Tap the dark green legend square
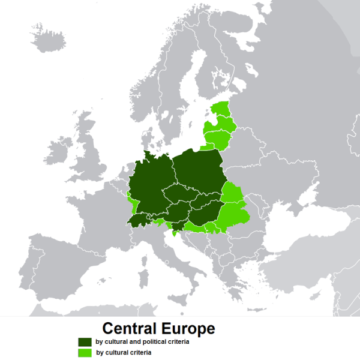click(83, 342)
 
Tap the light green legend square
click(83, 353)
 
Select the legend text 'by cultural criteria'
click(124, 353)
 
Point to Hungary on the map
click(207, 213)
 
